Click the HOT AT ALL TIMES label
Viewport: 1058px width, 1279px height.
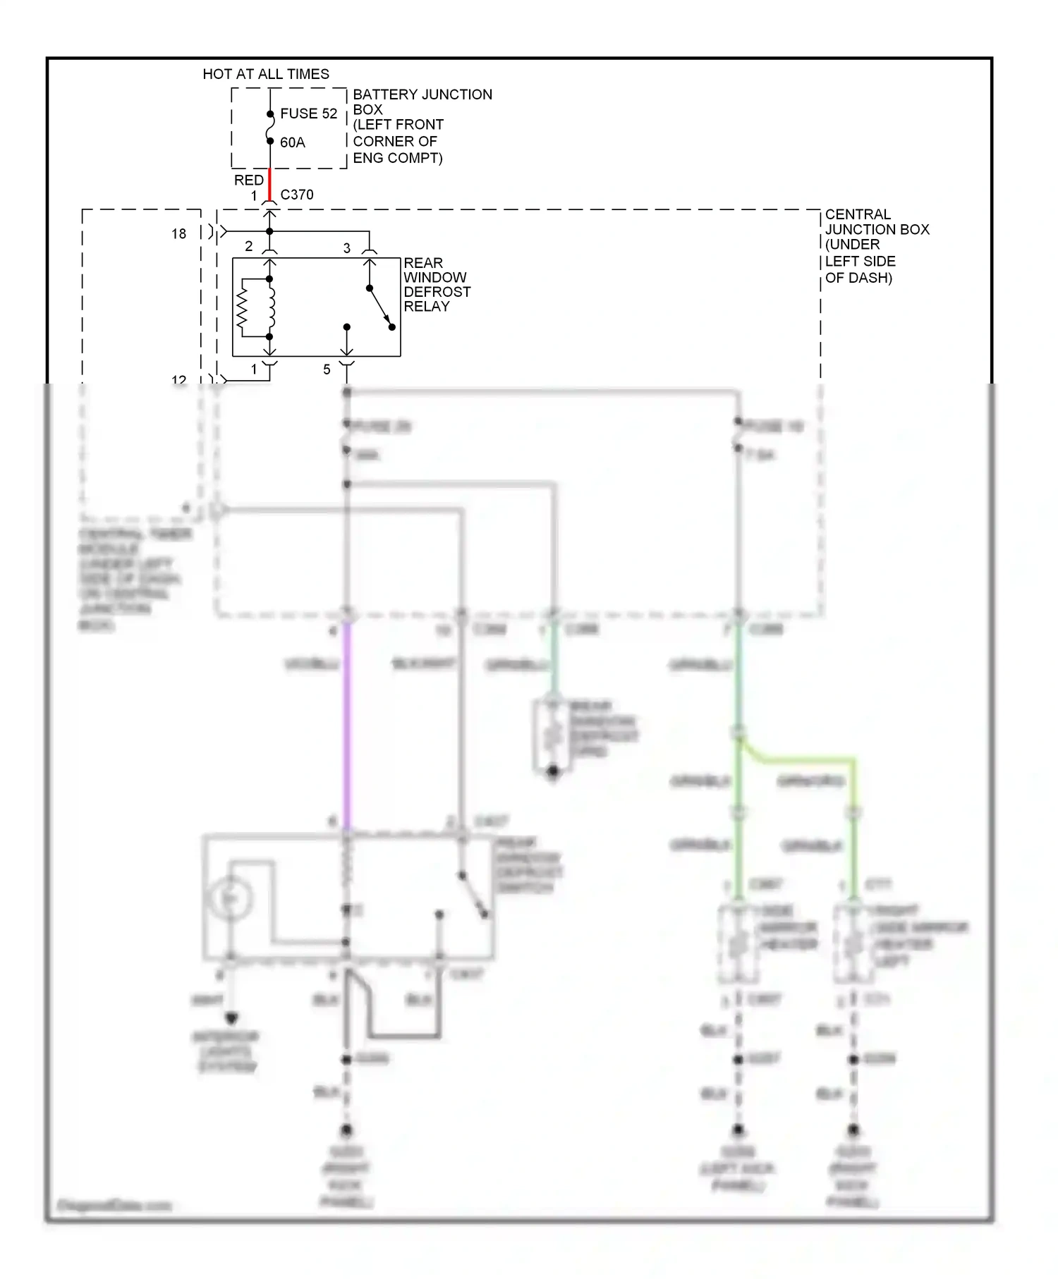[x=265, y=74]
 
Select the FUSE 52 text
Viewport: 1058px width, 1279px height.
[x=308, y=114]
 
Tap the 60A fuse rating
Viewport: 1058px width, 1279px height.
[x=292, y=142]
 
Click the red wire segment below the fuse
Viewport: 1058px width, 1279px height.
[x=269, y=184]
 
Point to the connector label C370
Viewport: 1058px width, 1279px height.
[x=296, y=195]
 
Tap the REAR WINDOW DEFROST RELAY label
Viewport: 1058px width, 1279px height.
[x=436, y=284]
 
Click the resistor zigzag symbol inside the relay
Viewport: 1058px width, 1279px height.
[x=242, y=307]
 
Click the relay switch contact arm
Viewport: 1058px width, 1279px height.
[x=380, y=307]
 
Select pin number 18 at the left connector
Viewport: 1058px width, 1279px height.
[x=178, y=233]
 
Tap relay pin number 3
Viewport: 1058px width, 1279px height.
[x=346, y=248]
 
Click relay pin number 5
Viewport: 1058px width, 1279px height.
[x=327, y=369]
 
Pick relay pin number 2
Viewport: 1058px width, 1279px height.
[x=248, y=246]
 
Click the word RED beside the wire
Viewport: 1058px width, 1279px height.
[x=248, y=180]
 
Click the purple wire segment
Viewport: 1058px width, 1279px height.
[x=346, y=726]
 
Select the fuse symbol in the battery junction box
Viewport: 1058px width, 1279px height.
[x=269, y=128]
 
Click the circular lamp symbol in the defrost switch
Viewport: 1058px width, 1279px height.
[x=229, y=898]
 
